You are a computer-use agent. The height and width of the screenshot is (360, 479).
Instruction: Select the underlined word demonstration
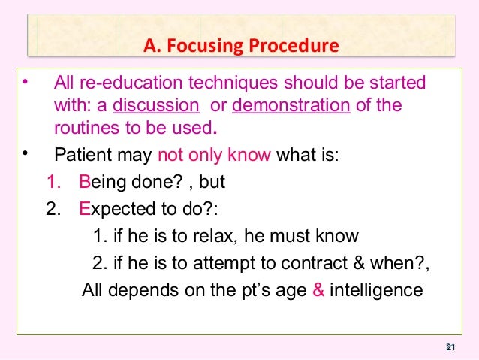pos(291,104)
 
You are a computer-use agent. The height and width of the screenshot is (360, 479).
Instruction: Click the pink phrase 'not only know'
pos(213,157)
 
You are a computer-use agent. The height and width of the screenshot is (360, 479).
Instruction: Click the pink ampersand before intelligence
pos(317,289)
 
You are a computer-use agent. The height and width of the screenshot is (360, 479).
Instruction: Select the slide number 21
pos(450,346)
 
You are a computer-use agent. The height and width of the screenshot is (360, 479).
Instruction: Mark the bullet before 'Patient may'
pos(26,156)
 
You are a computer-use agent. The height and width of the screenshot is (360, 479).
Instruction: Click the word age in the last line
pos(288,290)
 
